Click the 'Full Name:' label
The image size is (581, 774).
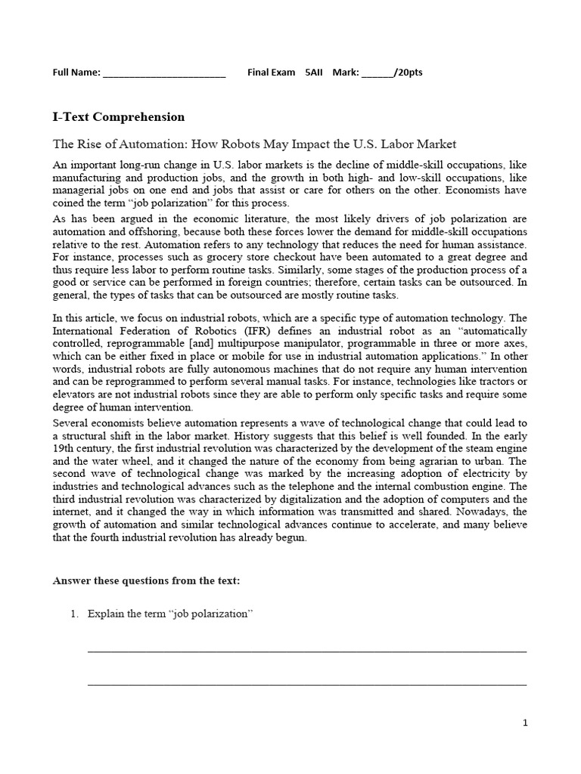(x=76, y=73)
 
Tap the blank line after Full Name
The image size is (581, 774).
(x=163, y=75)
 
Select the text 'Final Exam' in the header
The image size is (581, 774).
(x=271, y=73)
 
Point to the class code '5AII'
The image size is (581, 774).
(x=313, y=73)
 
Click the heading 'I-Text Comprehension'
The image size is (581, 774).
(x=118, y=117)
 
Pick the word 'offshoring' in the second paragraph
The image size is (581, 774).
(x=149, y=232)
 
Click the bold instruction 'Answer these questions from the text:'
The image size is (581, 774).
(x=146, y=580)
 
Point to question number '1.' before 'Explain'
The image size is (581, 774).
(x=74, y=614)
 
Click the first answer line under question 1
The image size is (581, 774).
(x=307, y=650)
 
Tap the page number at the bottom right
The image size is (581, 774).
(x=525, y=723)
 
